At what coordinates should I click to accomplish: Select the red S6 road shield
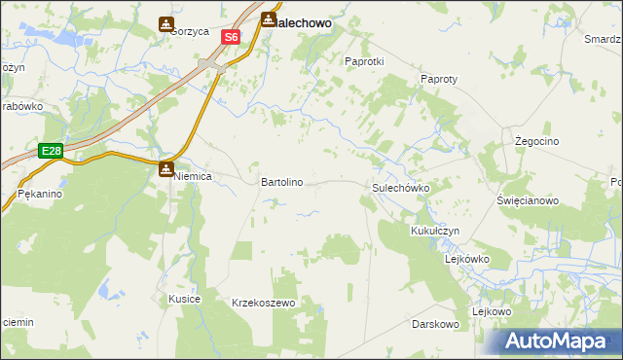[x=230, y=37]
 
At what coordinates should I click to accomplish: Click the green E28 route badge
[x=52, y=151]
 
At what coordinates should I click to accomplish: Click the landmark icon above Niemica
[x=166, y=169]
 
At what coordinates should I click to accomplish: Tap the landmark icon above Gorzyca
[x=166, y=23]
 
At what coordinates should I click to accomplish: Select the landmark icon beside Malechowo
[x=267, y=18]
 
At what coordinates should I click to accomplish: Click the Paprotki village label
[x=365, y=60]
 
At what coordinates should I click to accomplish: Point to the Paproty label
[x=439, y=79]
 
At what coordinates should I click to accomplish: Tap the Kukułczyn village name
[x=435, y=231]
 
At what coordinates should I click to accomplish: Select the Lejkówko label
[x=466, y=260]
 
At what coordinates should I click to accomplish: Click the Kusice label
[x=184, y=298]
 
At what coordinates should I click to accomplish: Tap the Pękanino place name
[x=40, y=195]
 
